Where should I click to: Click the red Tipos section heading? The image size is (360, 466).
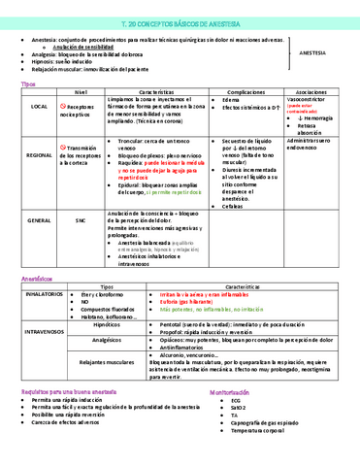click(x=28, y=84)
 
